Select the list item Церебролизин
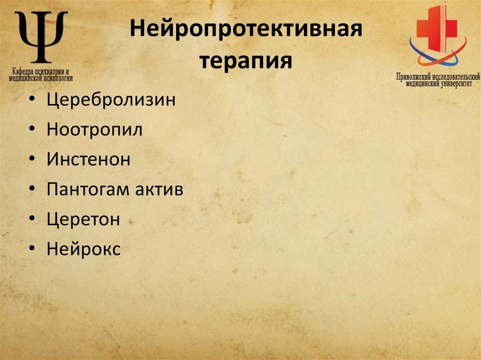[x=111, y=100]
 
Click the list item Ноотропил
[x=94, y=130]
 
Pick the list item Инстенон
[x=88, y=160]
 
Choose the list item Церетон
[x=84, y=220]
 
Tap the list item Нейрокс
[x=84, y=249]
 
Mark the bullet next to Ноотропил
[x=31, y=130]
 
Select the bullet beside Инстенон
[x=31, y=161]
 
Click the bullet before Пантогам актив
[x=31, y=190]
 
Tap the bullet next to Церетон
[x=31, y=220]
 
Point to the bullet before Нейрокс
[x=31, y=250]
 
